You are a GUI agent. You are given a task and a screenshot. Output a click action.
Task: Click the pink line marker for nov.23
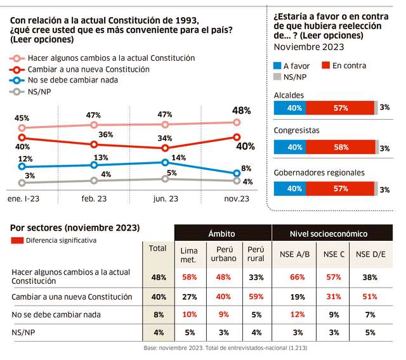pyautogui.click(x=237, y=122)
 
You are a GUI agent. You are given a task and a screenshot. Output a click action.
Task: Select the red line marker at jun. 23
pyautogui.click(x=166, y=148)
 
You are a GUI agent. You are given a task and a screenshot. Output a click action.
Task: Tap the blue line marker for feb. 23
pyautogui.click(x=94, y=165)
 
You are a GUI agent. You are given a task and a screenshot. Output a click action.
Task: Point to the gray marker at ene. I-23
pyautogui.click(x=22, y=183)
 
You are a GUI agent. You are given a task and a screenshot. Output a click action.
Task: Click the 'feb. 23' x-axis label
pyautogui.click(x=94, y=198)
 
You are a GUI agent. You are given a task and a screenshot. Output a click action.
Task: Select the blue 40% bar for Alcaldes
pyautogui.click(x=293, y=107)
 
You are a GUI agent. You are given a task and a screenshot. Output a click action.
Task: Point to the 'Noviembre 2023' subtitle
pyautogui.click(x=309, y=46)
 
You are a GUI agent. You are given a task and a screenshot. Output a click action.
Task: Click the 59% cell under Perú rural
pyautogui.click(x=256, y=296)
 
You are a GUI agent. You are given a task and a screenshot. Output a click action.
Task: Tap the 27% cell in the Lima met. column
pyautogui.click(x=189, y=296)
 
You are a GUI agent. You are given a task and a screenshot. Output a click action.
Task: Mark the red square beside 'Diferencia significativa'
pyautogui.click(x=17, y=241)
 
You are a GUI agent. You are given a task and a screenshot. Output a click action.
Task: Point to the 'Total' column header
pyautogui.click(x=157, y=248)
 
